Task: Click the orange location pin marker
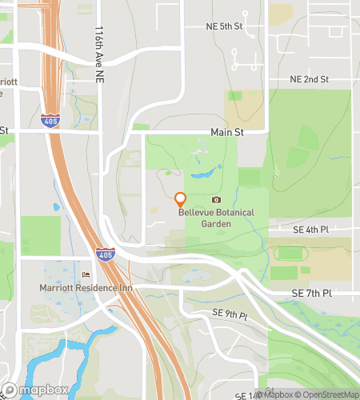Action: click(x=180, y=199)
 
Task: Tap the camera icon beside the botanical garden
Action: click(x=216, y=200)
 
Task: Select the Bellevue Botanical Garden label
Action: click(x=205, y=218)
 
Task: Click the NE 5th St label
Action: click(x=223, y=26)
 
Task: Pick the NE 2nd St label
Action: click(x=310, y=80)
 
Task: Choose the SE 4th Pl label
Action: click(x=310, y=230)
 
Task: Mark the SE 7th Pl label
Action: click(x=312, y=294)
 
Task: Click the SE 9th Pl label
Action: click(x=230, y=314)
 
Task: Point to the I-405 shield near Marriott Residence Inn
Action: click(x=105, y=254)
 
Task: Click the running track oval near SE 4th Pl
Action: click(x=291, y=254)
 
